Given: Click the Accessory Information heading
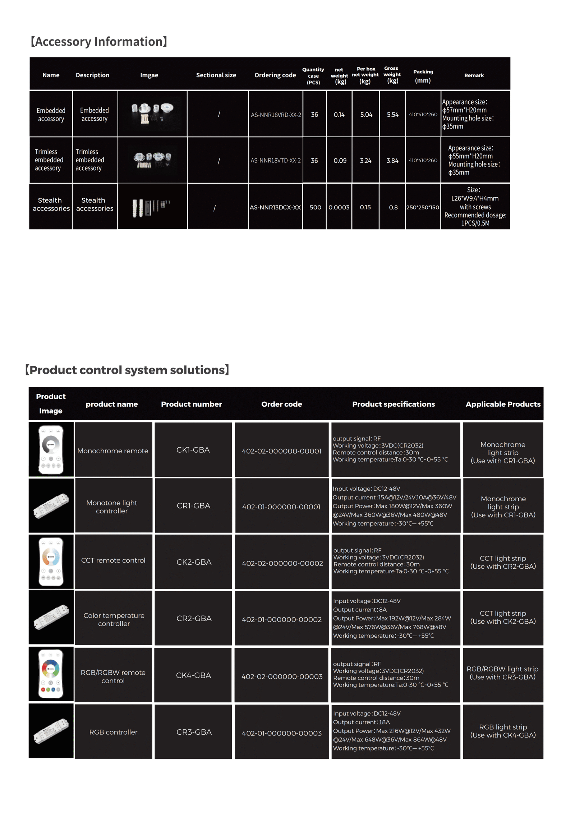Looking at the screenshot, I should coord(99,42).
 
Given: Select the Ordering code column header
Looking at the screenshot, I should coord(275,75).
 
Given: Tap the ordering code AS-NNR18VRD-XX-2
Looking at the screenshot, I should coord(276,115).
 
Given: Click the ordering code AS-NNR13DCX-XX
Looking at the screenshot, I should coord(275,207).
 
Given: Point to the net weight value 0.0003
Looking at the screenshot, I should coord(339,207).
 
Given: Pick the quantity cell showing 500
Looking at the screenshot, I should coord(315,207).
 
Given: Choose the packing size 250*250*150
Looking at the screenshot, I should coord(423,207).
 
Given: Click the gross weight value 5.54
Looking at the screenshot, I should coord(392,115).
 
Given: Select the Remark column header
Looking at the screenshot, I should coord(474,75).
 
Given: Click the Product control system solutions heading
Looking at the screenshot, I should coord(127,370).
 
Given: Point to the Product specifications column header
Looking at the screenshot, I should coord(393,404).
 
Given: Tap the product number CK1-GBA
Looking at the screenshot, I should coord(193,450).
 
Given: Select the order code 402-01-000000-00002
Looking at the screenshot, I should coord(281,619).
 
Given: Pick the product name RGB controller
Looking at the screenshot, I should coord(113,732).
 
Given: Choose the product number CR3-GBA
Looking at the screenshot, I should coord(194,732).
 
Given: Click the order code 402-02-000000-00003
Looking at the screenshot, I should coord(282,676).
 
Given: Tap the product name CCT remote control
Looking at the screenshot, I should coord(113,560).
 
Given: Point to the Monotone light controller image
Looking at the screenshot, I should coord(51,505).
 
